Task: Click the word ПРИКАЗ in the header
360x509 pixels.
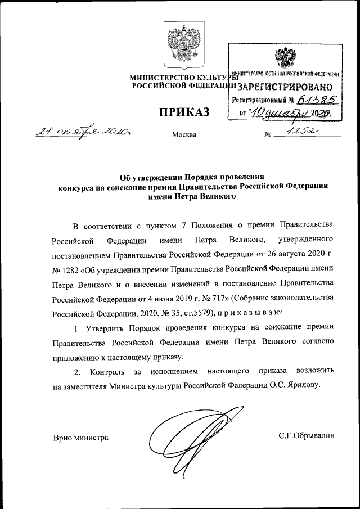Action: point(183,112)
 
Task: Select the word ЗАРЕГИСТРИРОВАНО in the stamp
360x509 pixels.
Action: point(285,87)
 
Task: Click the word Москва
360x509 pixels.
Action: point(184,135)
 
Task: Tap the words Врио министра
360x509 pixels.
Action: point(80,437)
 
